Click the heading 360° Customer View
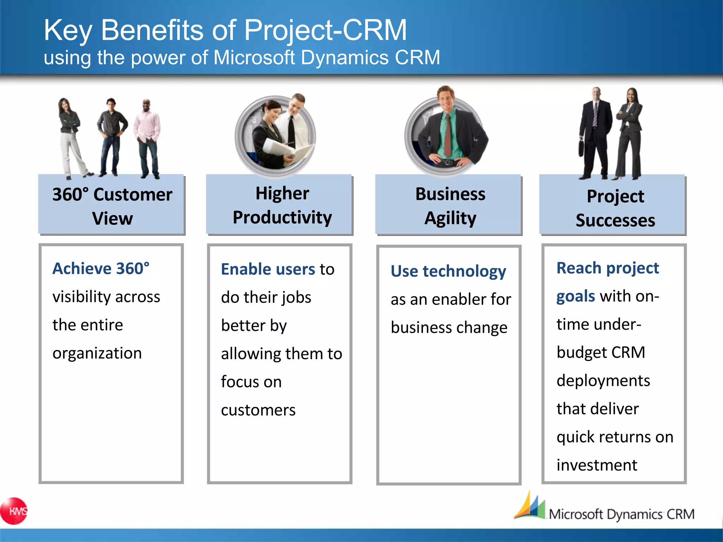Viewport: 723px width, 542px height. coord(112,206)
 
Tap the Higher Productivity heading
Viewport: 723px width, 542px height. coord(282,205)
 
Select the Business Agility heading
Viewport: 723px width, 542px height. coord(450,206)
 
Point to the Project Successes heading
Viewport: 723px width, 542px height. coord(615,208)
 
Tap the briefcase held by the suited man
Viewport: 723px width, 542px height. coord(581,148)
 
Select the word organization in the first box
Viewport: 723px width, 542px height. coord(97,353)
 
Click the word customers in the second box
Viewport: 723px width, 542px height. coord(258,410)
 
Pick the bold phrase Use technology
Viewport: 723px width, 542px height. coord(448,271)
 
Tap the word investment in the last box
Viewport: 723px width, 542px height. coord(597,465)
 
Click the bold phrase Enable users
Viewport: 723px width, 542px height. coord(268,269)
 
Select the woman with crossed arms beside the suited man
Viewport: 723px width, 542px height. coord(631,134)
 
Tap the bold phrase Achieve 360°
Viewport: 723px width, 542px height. coord(101,269)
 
